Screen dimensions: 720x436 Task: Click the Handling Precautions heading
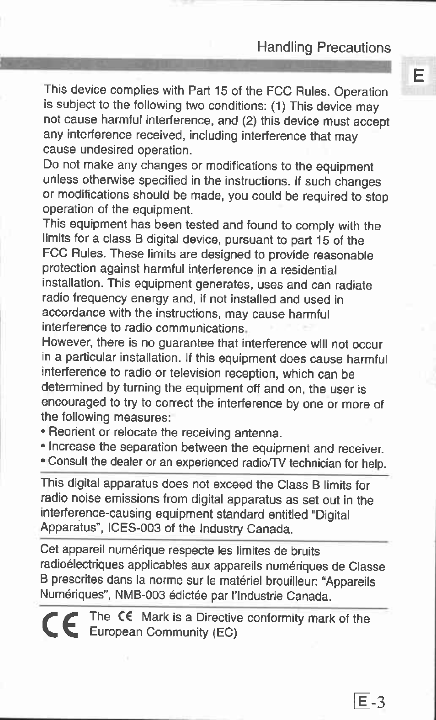pos(324,48)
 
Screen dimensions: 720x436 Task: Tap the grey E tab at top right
pos(418,76)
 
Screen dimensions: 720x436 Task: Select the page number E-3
pos(370,700)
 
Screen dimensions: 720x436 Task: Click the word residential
pos(308,270)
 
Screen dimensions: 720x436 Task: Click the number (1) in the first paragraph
pos(278,107)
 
